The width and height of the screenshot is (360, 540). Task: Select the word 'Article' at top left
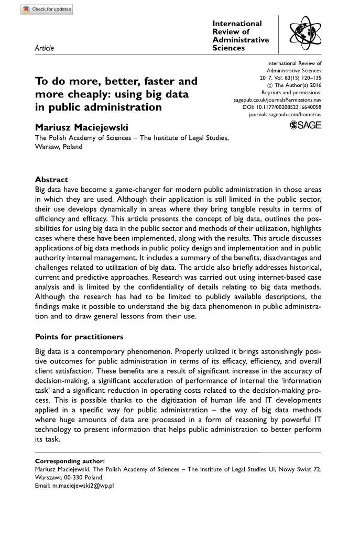[x=44, y=48]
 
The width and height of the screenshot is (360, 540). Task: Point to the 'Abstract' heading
[x=51, y=179]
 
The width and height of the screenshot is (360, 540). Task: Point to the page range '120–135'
[x=310, y=78]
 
